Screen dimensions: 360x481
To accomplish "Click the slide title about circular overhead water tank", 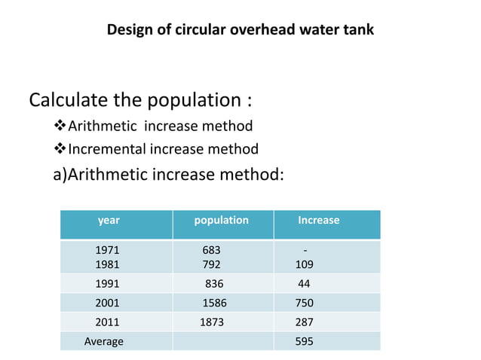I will [x=240, y=30].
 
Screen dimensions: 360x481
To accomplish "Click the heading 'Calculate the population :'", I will [x=139, y=100].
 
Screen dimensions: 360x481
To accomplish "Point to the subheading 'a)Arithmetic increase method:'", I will [x=168, y=175].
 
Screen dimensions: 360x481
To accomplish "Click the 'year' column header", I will [x=109, y=221].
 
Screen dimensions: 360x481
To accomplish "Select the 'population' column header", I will [x=221, y=221].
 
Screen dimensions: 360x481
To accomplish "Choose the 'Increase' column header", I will [x=318, y=221].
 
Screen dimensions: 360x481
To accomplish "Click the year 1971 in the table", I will [x=107, y=249].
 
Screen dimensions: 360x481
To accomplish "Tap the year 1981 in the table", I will [x=107, y=264].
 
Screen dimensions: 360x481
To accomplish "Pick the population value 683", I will [x=211, y=249].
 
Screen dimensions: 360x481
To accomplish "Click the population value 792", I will [x=211, y=264].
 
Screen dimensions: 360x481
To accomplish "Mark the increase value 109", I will [x=305, y=264].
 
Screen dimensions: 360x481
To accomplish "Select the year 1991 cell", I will [x=107, y=284].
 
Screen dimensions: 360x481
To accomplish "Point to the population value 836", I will [x=214, y=284].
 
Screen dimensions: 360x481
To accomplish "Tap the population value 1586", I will [x=214, y=303].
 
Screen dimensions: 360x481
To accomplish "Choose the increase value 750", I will [x=305, y=303].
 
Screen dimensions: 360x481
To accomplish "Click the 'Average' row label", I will [x=103, y=341].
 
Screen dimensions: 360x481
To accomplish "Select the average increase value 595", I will [x=305, y=341].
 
